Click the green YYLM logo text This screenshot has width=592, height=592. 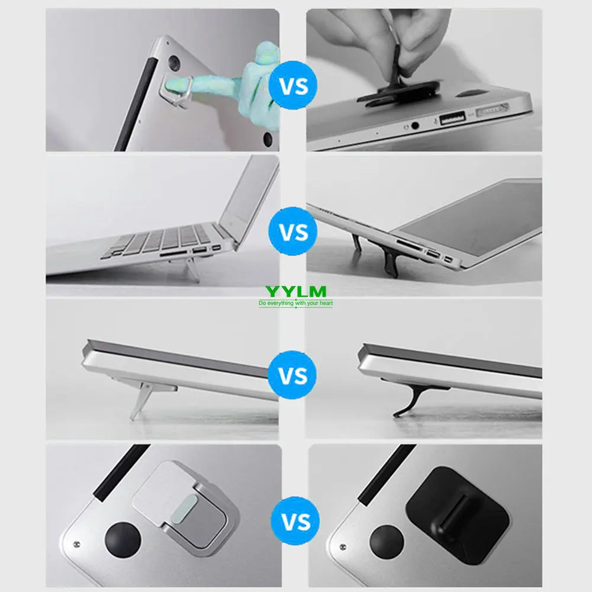[x=295, y=291]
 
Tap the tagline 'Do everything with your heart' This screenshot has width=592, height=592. [x=295, y=304]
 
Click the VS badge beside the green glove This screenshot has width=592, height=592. [x=292, y=86]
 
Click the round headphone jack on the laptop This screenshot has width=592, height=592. [x=414, y=125]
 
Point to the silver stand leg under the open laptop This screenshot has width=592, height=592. [x=192, y=270]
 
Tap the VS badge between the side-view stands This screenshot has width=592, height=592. [x=292, y=375]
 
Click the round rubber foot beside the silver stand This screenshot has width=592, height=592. [x=123, y=542]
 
